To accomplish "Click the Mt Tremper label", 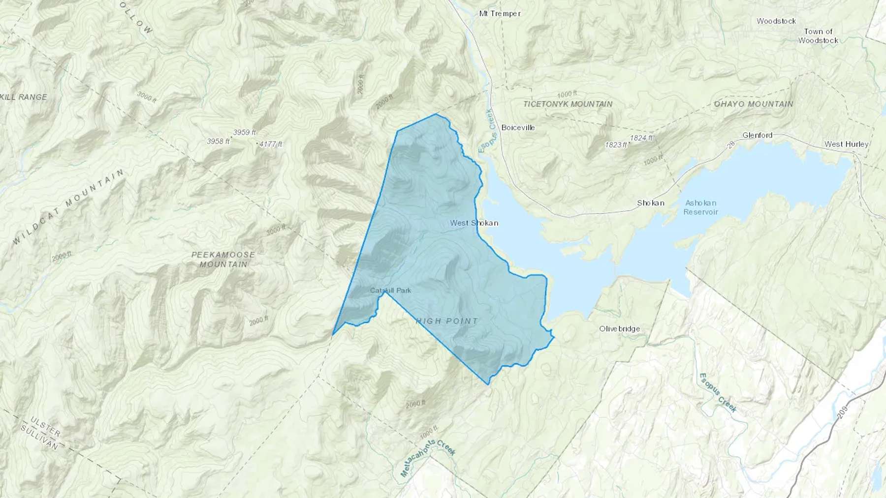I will click(500, 14).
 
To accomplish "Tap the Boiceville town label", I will click(518, 127).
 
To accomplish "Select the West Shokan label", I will click(474, 223).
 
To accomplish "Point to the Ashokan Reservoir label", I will click(700, 207).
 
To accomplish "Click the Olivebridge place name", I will click(619, 329).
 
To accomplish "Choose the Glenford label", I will click(757, 135).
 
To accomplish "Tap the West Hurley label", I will click(847, 144).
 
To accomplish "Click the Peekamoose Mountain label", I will click(223, 259).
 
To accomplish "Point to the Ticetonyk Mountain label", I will click(568, 104).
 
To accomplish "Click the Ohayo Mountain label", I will click(754, 104).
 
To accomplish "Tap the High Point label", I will click(447, 321).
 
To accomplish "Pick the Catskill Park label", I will click(390, 291).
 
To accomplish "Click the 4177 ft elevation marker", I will click(271, 145).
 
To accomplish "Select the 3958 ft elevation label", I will click(218, 142).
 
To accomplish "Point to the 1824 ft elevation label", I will click(641, 138).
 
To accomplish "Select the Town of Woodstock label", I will click(818, 36).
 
